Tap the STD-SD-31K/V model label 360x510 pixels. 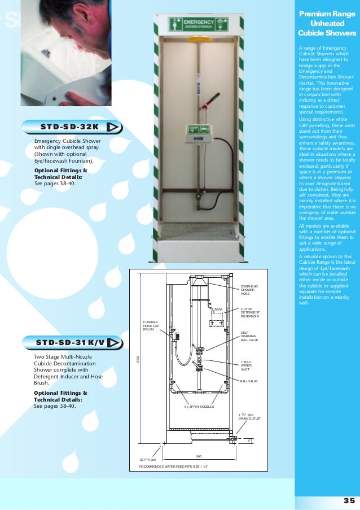(x=70, y=343)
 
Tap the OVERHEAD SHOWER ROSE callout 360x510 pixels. (x=248, y=290)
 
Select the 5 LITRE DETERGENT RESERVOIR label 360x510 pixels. (x=249, y=312)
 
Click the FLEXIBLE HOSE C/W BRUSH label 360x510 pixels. (x=151, y=325)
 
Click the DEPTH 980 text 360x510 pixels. (x=148, y=460)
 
